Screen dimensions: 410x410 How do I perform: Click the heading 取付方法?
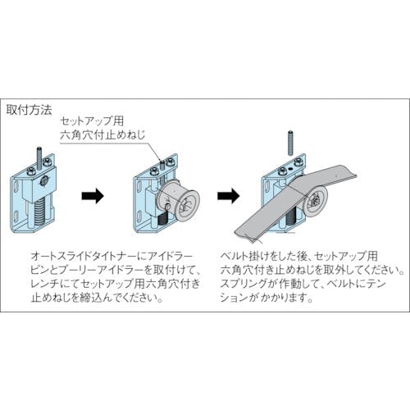click(29, 110)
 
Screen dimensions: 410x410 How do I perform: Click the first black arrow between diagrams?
click(93, 196)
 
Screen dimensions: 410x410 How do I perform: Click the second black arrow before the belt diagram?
click(229, 196)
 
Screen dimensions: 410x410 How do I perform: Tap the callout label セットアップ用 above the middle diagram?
click(92, 121)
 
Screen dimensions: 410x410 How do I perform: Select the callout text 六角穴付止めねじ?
click(102, 135)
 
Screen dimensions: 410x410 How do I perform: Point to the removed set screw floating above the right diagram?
click(291, 143)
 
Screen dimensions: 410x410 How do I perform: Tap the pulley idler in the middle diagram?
click(179, 198)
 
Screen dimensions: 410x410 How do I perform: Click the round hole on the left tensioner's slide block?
click(44, 181)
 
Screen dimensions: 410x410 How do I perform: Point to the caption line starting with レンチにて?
click(116, 284)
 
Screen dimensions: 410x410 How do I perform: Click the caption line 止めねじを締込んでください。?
click(97, 298)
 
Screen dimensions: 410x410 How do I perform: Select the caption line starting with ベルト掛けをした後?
click(299, 256)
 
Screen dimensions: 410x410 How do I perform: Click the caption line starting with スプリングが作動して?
click(303, 284)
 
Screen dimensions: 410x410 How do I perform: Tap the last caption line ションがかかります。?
click(266, 297)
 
